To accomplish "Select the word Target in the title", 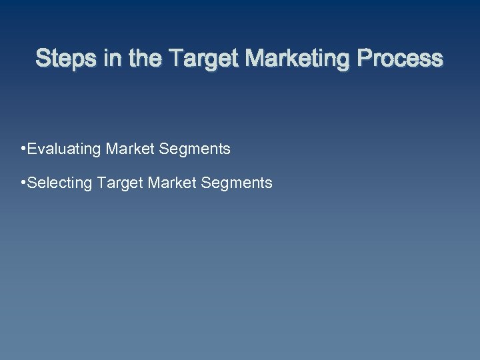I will [x=204, y=60].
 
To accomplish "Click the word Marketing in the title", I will [x=297, y=60].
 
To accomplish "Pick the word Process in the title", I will [x=399, y=59].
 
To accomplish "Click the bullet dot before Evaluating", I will [x=23, y=147].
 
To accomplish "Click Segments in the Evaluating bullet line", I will [x=195, y=149].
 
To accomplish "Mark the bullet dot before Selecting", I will [x=23, y=181].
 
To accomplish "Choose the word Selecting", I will [x=61, y=183].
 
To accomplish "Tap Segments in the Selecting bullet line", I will [x=237, y=183].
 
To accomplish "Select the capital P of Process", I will [x=365, y=59].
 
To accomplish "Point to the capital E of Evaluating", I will [x=33, y=149].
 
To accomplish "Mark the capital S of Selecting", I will [x=33, y=182].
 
